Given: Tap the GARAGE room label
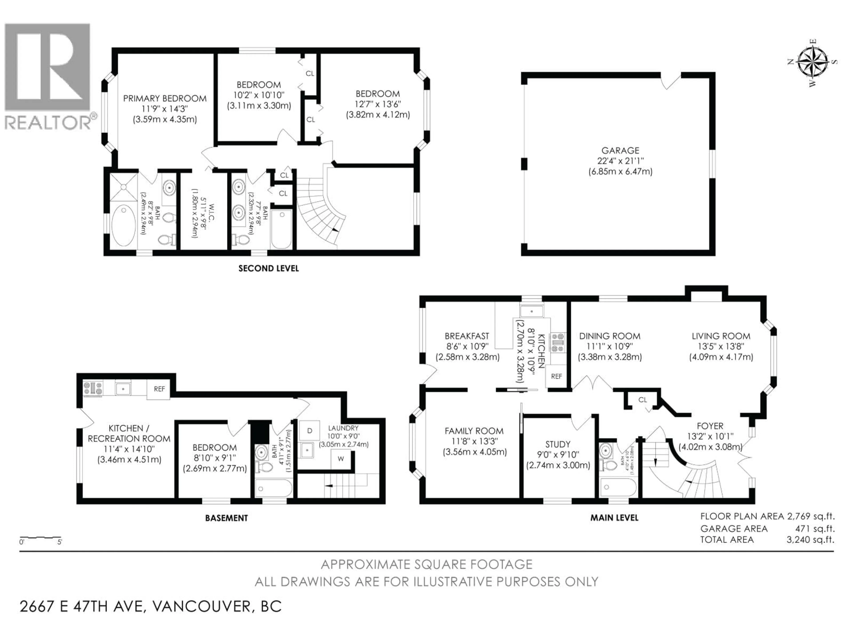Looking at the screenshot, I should pos(620,151).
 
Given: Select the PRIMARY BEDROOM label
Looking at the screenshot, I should pos(165,99).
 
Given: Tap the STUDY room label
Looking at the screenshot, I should pos(558,444).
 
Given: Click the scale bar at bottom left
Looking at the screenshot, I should pos(40,537).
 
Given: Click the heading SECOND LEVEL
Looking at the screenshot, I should pos(268,268).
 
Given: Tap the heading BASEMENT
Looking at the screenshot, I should pos(226,518).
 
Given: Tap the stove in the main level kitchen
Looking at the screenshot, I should pos(557,343).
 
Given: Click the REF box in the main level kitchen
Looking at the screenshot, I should pos(556,376).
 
